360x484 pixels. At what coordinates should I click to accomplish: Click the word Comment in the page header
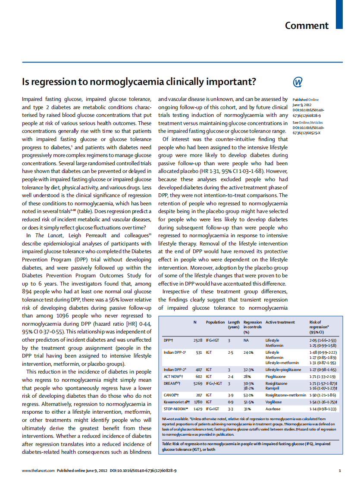click(x=307, y=25)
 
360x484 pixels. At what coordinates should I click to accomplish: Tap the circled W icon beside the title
click(x=298, y=82)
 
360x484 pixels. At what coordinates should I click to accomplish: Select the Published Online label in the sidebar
click(x=306, y=100)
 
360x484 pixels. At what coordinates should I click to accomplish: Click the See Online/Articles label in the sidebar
click(x=307, y=122)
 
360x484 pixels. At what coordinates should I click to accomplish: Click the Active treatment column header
click(x=280, y=322)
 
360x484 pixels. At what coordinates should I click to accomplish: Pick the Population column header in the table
click(x=215, y=322)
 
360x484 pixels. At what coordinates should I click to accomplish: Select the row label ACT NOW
click(x=171, y=377)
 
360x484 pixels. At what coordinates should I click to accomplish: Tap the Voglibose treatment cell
click(x=273, y=402)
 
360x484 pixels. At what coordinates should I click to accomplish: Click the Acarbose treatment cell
click(x=272, y=409)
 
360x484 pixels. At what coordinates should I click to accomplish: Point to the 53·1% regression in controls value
click(x=248, y=395)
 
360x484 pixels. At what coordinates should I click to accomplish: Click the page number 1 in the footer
click(x=340, y=471)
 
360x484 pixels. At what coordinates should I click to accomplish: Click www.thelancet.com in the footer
click(x=38, y=471)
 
